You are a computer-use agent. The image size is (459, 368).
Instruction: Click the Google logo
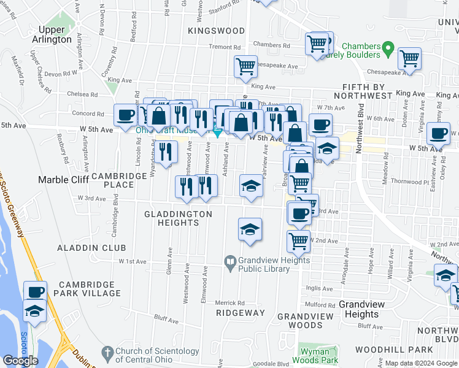point(20,361)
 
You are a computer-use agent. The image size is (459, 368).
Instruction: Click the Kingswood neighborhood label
point(208,29)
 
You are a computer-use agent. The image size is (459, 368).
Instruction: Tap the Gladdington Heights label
point(178,218)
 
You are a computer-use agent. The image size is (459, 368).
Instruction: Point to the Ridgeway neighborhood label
point(240,313)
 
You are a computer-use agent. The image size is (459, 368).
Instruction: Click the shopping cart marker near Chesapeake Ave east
point(409,59)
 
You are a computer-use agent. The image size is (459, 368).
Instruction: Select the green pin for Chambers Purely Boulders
point(387,47)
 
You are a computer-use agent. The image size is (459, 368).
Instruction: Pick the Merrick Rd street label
point(229,303)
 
